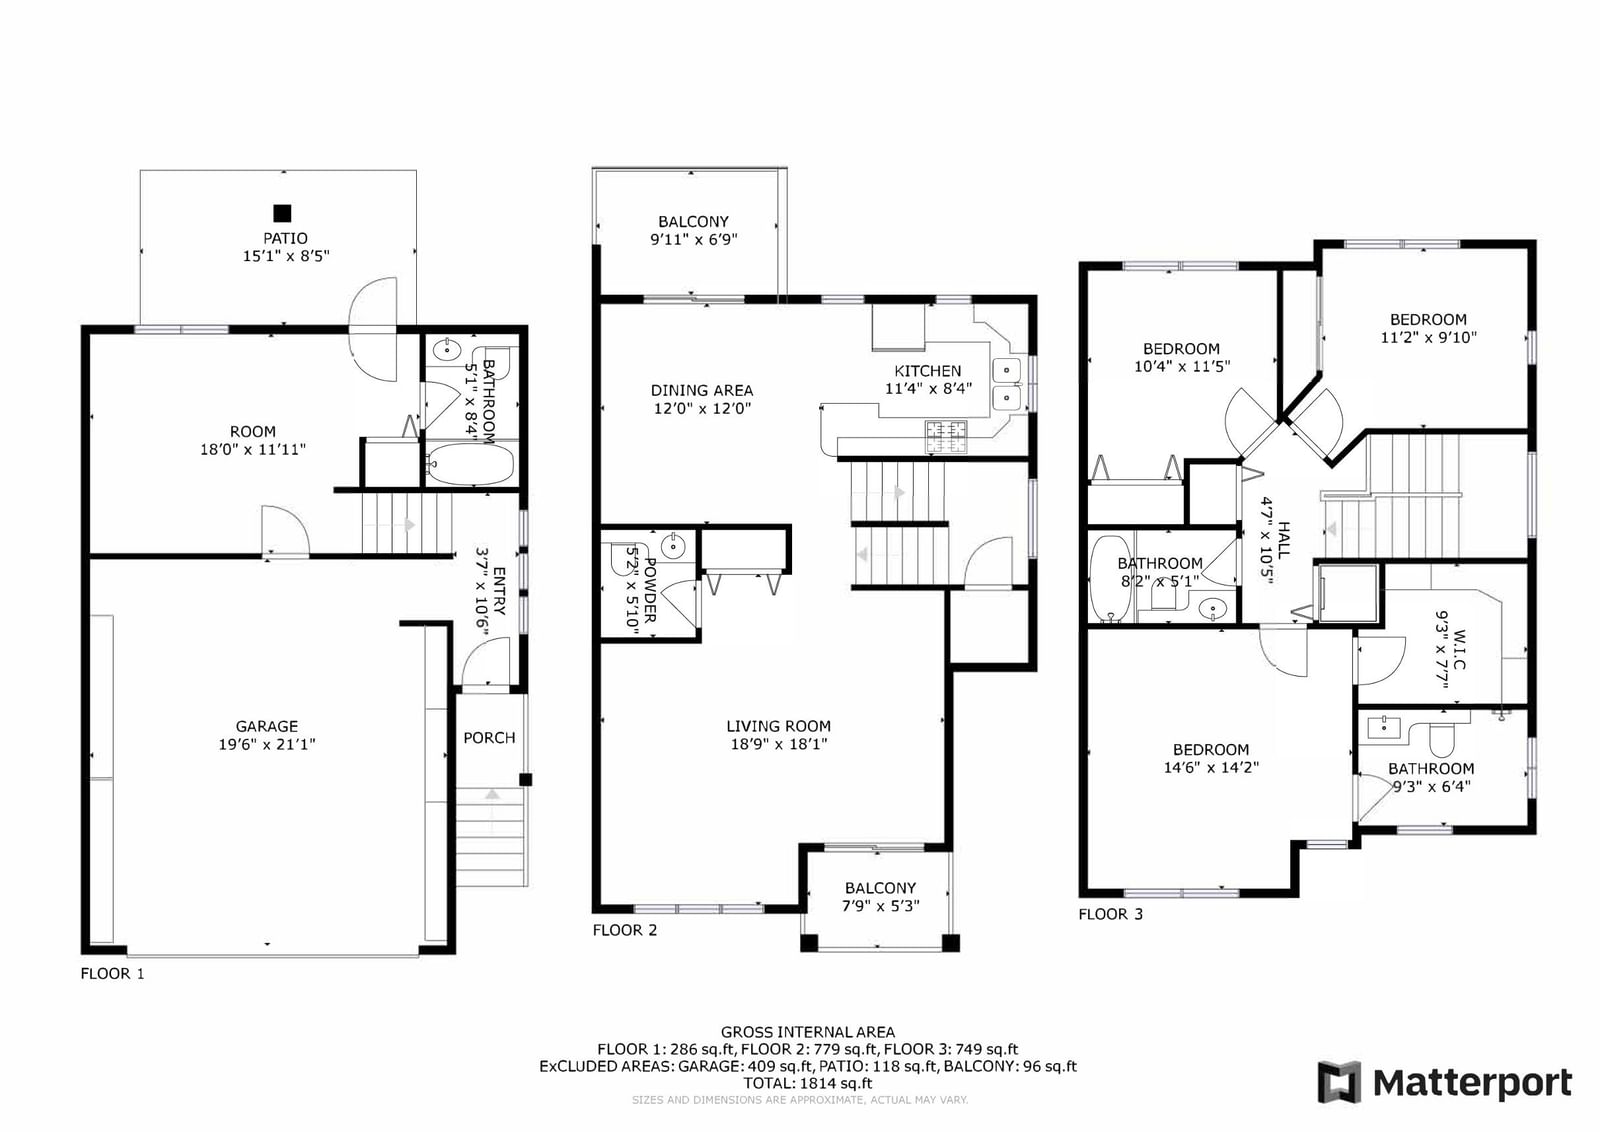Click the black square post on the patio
(x=282, y=213)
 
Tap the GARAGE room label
(x=266, y=726)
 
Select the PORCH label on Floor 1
(x=489, y=738)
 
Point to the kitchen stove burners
(x=946, y=437)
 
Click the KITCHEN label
(x=928, y=371)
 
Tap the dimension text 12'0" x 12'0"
(x=702, y=409)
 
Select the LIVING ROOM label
(x=779, y=726)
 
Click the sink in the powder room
(x=673, y=546)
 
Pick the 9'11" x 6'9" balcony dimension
(x=694, y=239)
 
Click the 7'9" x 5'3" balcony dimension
(x=881, y=906)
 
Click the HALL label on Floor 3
(x=1284, y=540)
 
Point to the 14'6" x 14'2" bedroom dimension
(x=1211, y=768)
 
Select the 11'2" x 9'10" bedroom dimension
(x=1429, y=337)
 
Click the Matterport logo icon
(x=1339, y=1083)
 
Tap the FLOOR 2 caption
(x=625, y=930)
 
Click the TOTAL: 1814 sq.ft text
(x=808, y=1083)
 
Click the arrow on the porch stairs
(x=492, y=794)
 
